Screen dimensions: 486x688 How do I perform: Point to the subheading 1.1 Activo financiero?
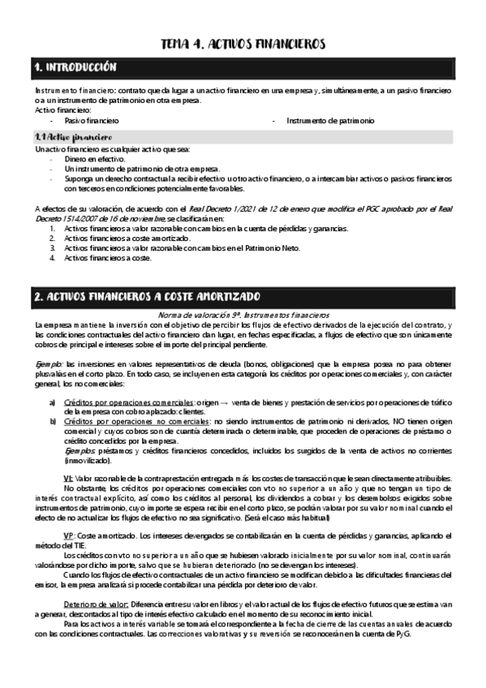pos(73,136)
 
